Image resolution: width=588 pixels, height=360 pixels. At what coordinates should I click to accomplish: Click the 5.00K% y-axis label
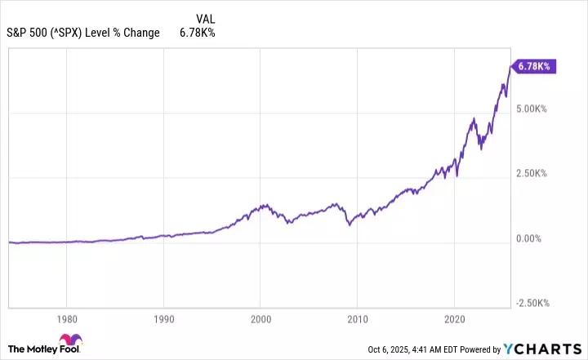pos(532,109)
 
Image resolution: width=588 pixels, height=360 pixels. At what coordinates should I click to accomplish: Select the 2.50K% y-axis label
pos(532,174)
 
